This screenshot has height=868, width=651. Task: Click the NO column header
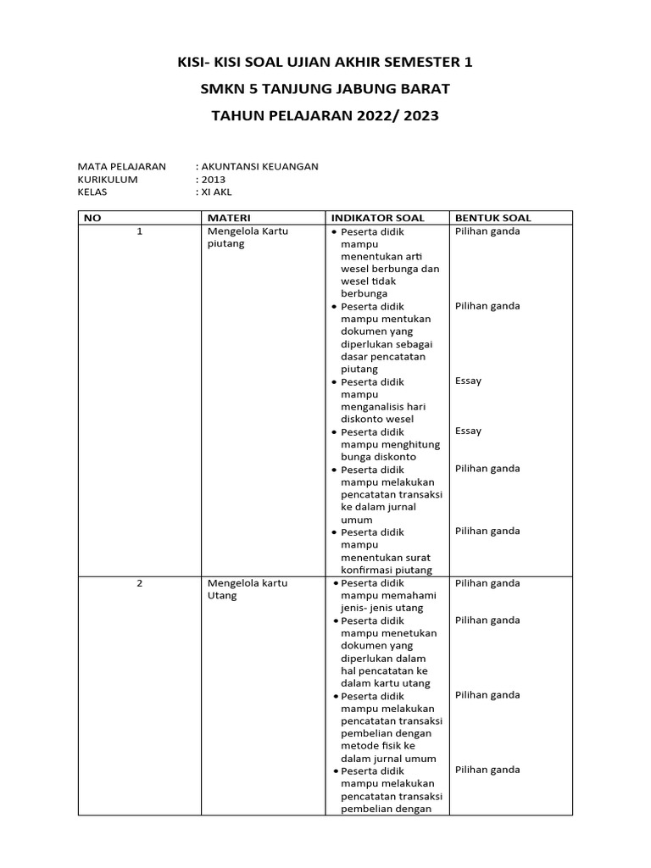(92, 218)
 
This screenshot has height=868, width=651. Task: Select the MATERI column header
(229, 218)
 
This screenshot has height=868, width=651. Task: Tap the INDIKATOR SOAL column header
(377, 218)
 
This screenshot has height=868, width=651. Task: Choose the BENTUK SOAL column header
(493, 218)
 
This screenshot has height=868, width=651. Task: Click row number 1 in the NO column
(139, 231)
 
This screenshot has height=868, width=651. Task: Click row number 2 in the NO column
(139, 583)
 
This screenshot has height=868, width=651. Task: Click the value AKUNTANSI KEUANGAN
(259, 166)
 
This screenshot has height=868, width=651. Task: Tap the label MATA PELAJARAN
(121, 166)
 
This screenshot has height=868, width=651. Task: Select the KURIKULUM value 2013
(211, 179)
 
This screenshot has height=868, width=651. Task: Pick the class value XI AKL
(215, 192)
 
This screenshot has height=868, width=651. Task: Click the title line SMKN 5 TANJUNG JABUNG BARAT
(325, 89)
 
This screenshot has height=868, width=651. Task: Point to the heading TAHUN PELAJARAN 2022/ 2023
(325, 116)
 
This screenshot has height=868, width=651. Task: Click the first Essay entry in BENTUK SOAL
(468, 381)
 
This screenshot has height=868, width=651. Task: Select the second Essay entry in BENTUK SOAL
(468, 431)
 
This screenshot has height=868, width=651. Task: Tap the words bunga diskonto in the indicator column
(378, 456)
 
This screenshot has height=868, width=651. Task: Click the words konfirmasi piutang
(386, 570)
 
